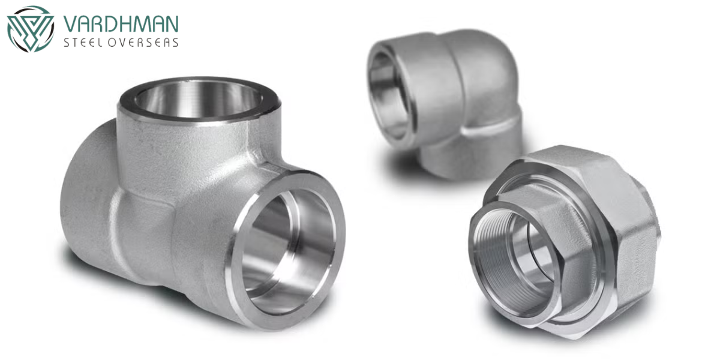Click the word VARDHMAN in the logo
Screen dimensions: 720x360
coord(121,24)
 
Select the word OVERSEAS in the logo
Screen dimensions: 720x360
coord(143,43)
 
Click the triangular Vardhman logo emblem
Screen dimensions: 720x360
coord(31,29)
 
